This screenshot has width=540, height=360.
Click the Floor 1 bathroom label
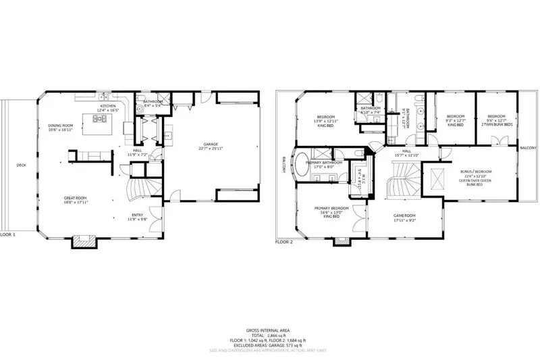(x=153, y=103)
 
